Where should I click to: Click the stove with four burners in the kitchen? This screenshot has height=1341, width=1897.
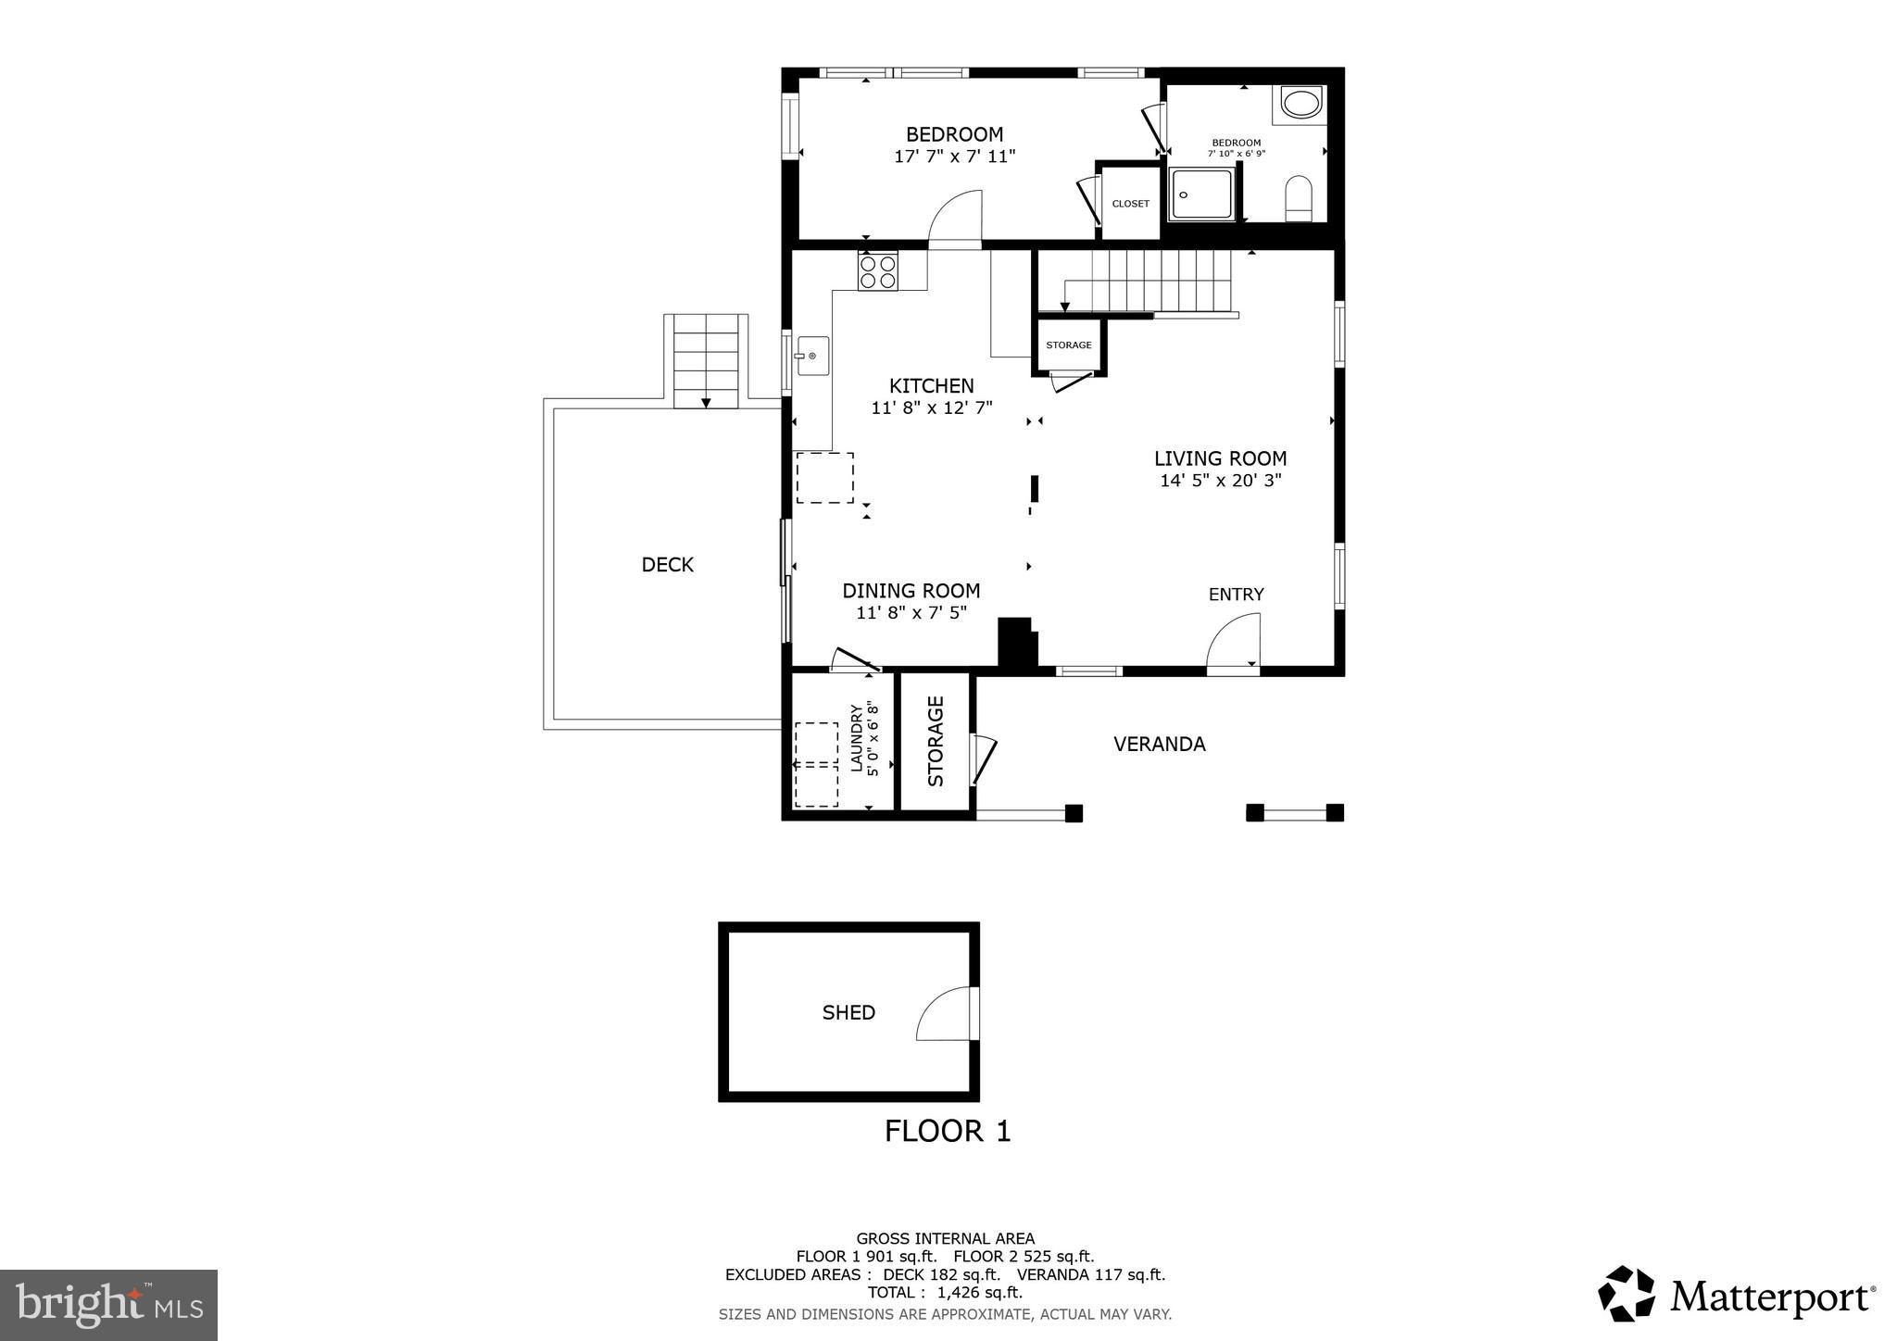[877, 270]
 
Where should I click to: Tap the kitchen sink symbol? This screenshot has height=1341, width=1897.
[812, 356]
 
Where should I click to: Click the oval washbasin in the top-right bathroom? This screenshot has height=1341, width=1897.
[1301, 104]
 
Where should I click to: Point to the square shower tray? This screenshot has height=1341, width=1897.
[1201, 194]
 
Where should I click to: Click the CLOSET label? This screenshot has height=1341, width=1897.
[1130, 204]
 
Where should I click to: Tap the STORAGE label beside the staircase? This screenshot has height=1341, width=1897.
[1068, 345]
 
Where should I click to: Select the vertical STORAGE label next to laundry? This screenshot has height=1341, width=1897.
[936, 742]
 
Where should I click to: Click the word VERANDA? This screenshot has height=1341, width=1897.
[1159, 745]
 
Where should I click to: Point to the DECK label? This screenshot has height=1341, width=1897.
[667, 565]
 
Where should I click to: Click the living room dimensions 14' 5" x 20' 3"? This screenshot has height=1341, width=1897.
[1220, 481]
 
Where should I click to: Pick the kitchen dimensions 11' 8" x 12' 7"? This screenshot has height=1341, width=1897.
[931, 407]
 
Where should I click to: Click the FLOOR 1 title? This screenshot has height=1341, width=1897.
[947, 1131]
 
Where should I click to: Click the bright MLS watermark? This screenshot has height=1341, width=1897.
[108, 1305]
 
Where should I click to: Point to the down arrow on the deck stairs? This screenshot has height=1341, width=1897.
[706, 403]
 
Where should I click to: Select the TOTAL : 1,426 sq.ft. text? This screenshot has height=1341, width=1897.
[945, 1292]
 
